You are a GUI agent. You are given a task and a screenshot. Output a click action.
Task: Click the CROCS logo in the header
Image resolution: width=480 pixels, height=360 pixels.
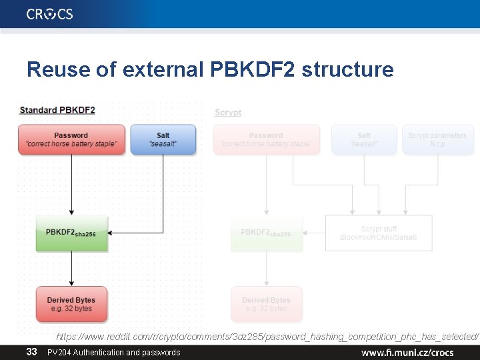click(x=50, y=14)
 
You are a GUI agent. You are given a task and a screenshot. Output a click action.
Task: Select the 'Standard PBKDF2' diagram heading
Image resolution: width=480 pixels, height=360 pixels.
click(x=57, y=110)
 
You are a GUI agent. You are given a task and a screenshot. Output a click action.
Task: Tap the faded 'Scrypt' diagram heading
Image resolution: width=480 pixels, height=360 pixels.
click(x=228, y=113)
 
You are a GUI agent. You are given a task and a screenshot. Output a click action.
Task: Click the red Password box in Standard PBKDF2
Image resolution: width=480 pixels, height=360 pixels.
click(x=71, y=140)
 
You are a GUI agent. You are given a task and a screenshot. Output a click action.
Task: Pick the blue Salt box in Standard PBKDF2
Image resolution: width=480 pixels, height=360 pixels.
click(x=163, y=140)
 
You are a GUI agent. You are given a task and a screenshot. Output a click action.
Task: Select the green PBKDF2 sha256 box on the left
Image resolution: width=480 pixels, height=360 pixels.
click(x=71, y=233)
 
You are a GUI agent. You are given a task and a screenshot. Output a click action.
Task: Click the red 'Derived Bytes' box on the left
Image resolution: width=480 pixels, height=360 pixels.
click(x=71, y=304)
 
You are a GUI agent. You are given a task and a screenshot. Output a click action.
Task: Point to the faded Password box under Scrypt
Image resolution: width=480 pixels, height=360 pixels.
click(x=266, y=139)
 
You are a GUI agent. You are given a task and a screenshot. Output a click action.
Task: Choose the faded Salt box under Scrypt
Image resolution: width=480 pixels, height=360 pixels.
click(x=364, y=139)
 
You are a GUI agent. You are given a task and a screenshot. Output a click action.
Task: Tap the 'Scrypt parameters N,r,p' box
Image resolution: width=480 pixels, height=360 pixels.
click(x=437, y=139)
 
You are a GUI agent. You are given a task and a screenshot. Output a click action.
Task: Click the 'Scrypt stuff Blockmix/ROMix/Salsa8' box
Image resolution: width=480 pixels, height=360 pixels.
click(x=379, y=233)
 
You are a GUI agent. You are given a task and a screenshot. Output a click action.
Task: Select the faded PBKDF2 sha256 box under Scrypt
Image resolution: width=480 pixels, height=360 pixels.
click(x=266, y=233)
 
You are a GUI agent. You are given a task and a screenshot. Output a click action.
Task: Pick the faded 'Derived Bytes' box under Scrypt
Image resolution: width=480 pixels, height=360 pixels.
click(x=266, y=304)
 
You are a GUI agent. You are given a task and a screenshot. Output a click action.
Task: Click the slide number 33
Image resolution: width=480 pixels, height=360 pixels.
click(x=31, y=351)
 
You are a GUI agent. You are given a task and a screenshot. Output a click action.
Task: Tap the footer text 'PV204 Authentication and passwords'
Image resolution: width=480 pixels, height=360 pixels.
click(x=113, y=352)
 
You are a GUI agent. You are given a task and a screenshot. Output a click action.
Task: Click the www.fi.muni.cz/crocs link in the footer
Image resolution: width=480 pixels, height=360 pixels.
click(x=407, y=352)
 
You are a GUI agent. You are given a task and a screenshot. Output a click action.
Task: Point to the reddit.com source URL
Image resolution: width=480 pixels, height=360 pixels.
click(x=267, y=337)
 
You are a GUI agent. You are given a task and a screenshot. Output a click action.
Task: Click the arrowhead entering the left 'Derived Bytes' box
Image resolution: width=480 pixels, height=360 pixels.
click(x=71, y=283)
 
